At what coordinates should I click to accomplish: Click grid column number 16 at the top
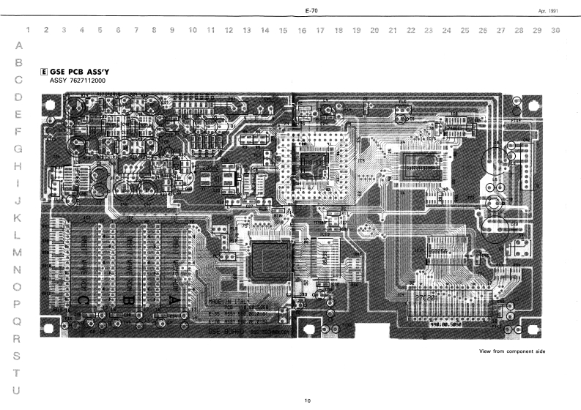point(302,31)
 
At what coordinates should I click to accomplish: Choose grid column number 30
point(555,31)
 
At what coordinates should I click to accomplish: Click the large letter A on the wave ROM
point(173,300)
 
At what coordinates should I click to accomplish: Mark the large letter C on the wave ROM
point(83,300)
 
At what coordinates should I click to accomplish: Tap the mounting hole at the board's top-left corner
point(51,106)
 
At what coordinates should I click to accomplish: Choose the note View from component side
point(513,351)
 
